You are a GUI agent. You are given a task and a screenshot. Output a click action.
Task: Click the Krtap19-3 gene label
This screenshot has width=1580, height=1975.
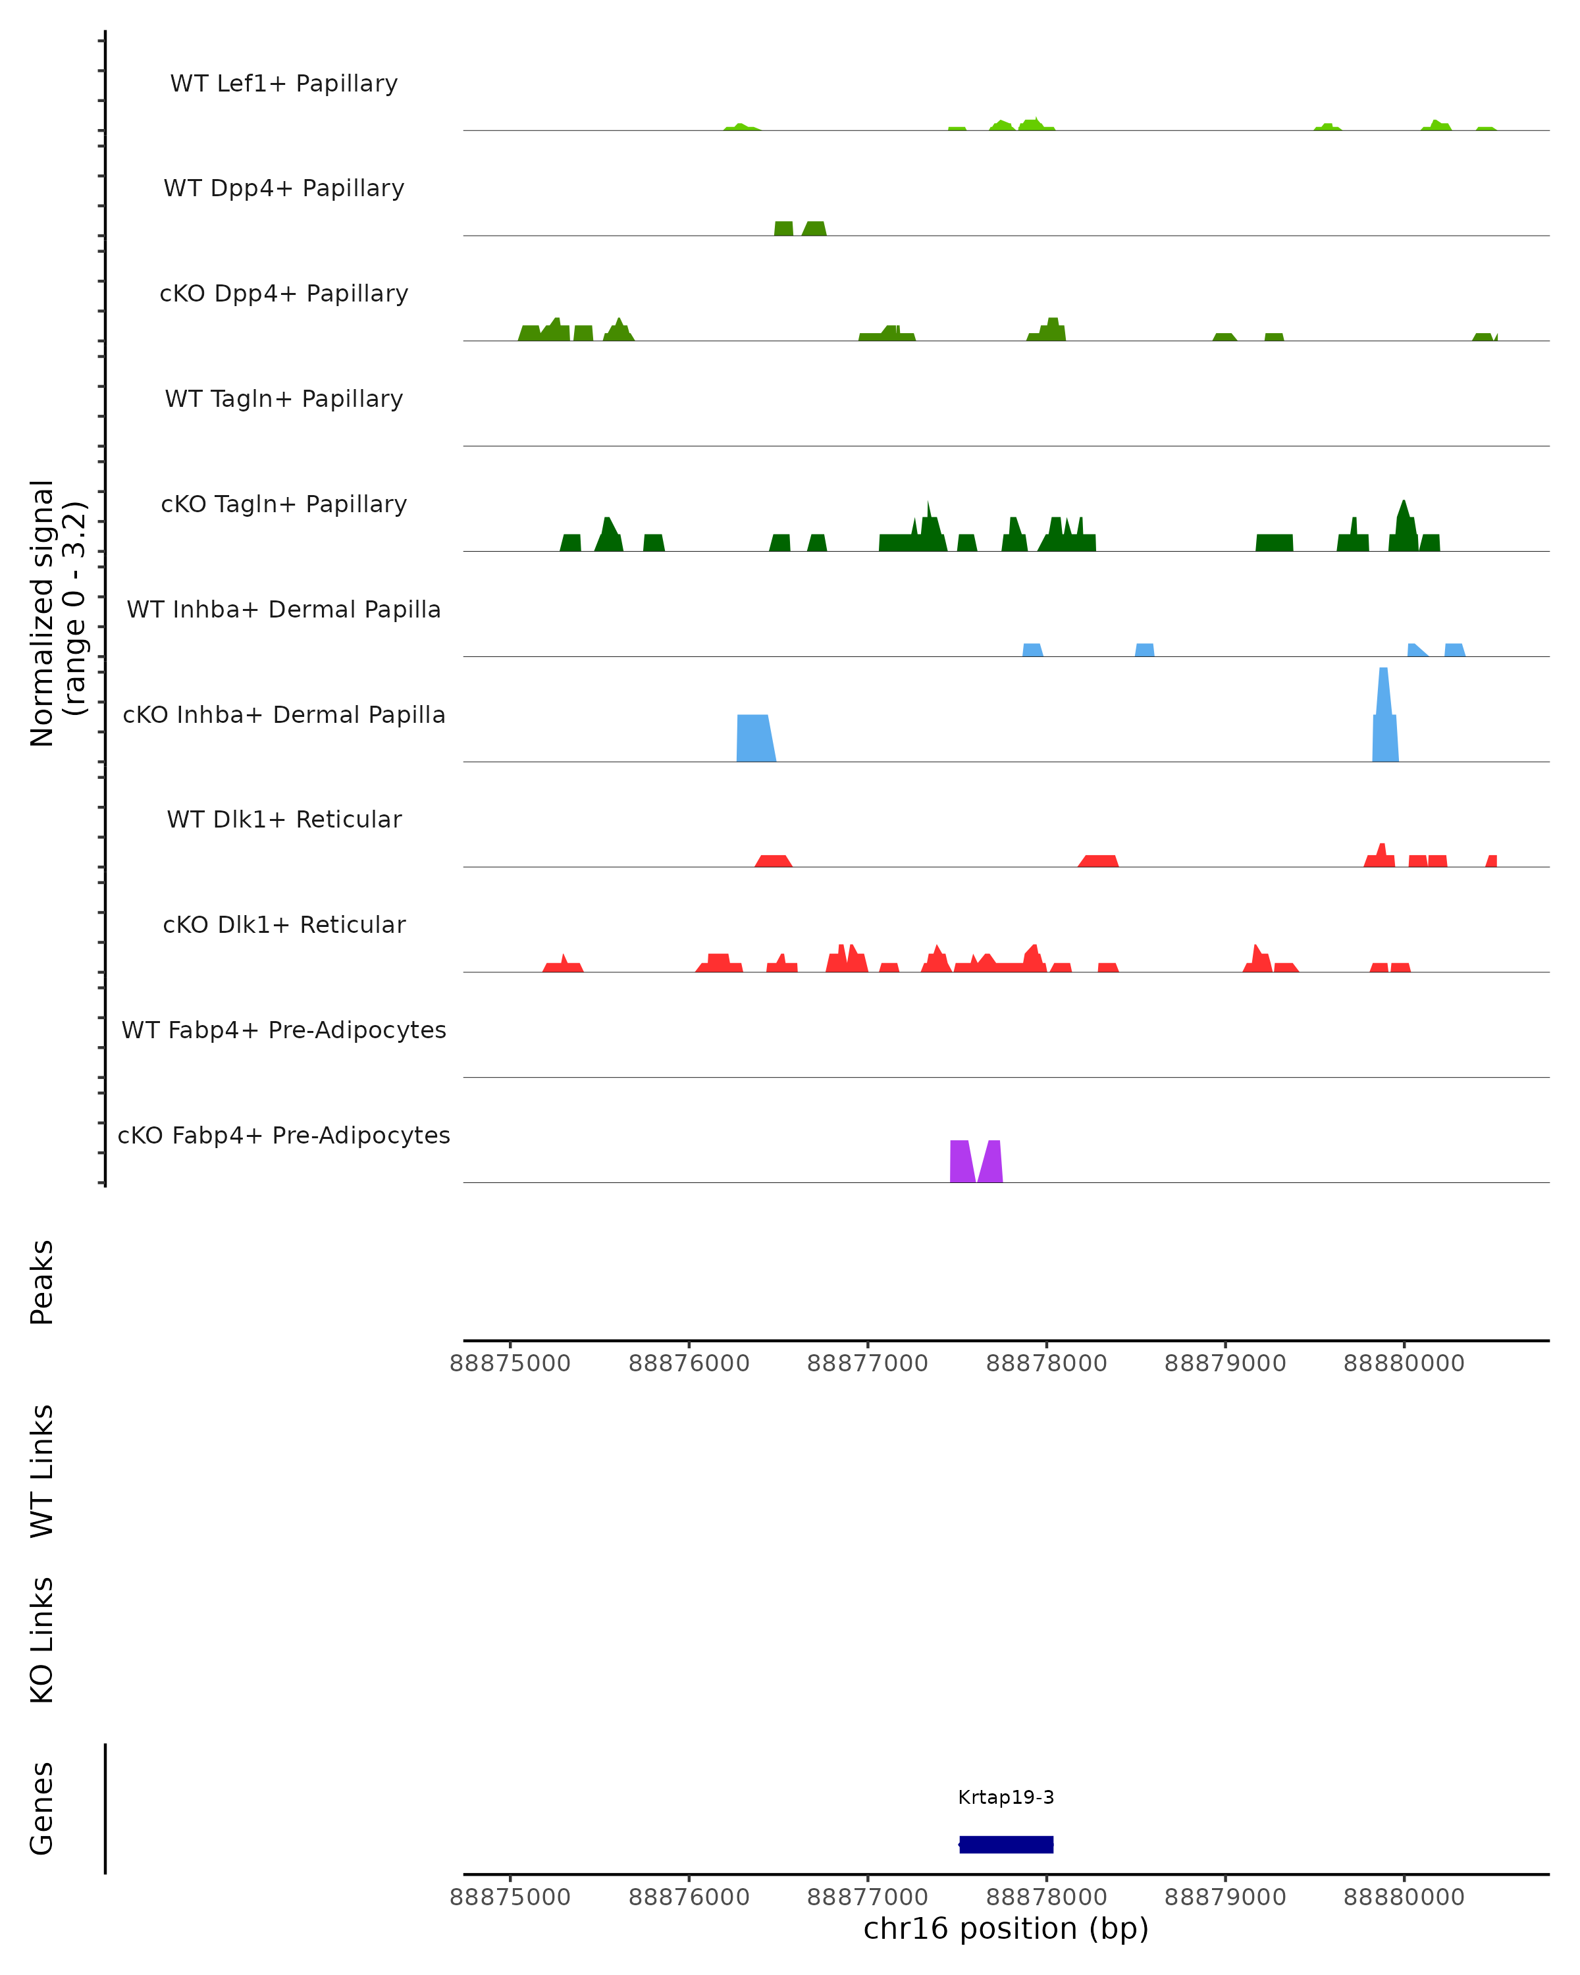click(x=1006, y=1797)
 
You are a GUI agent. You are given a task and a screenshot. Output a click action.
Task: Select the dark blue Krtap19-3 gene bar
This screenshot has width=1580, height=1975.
click(x=1006, y=1844)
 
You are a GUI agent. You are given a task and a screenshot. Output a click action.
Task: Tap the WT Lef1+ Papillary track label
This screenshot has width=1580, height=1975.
click(x=284, y=84)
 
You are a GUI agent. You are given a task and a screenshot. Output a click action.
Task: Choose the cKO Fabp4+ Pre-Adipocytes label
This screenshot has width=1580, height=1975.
click(x=284, y=1135)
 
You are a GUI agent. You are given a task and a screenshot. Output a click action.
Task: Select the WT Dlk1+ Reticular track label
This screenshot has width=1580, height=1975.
click(x=284, y=819)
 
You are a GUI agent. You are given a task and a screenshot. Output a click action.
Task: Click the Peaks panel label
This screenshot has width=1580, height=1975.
click(x=42, y=1282)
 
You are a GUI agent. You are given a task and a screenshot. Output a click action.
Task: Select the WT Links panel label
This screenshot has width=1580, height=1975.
click(x=42, y=1470)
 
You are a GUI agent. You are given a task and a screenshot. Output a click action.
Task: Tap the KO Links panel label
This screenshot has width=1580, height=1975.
click(x=42, y=1640)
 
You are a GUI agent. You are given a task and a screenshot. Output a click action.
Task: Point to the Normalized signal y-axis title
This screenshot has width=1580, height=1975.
click(x=57, y=613)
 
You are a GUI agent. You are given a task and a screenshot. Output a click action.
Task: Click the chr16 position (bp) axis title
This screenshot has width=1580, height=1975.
click(x=1006, y=1928)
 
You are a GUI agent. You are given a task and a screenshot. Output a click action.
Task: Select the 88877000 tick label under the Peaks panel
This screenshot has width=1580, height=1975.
click(x=868, y=1363)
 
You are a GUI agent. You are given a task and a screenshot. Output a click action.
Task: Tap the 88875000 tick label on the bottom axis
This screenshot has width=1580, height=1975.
click(x=510, y=1897)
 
